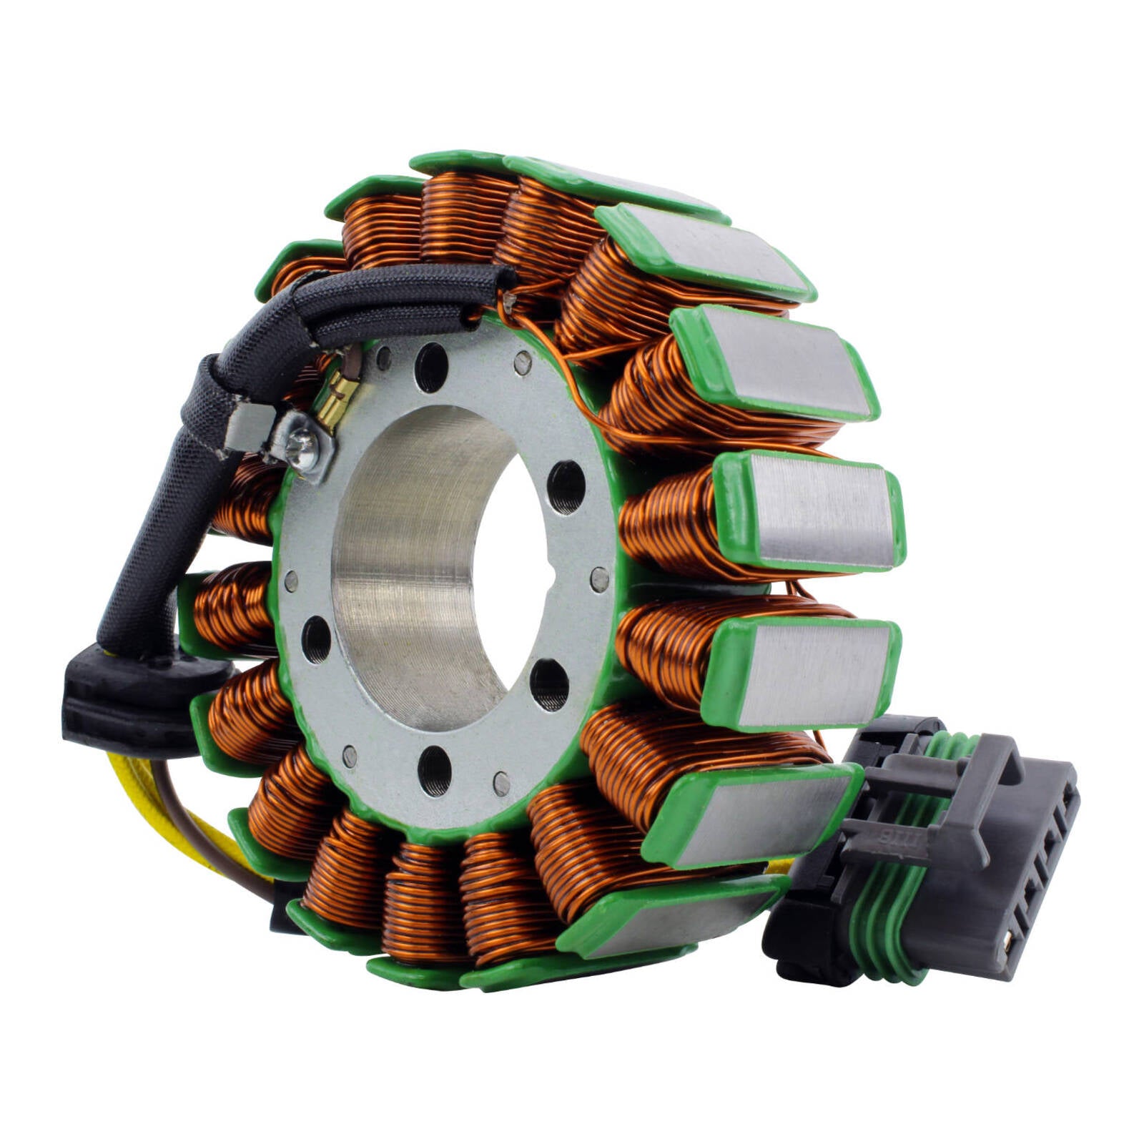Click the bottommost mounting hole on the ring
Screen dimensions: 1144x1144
pos(435,771)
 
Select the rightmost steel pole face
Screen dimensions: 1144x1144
pos(822,511)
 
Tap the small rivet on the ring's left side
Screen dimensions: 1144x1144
pos(291,581)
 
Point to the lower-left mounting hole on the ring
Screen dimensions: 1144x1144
pos(317,638)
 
